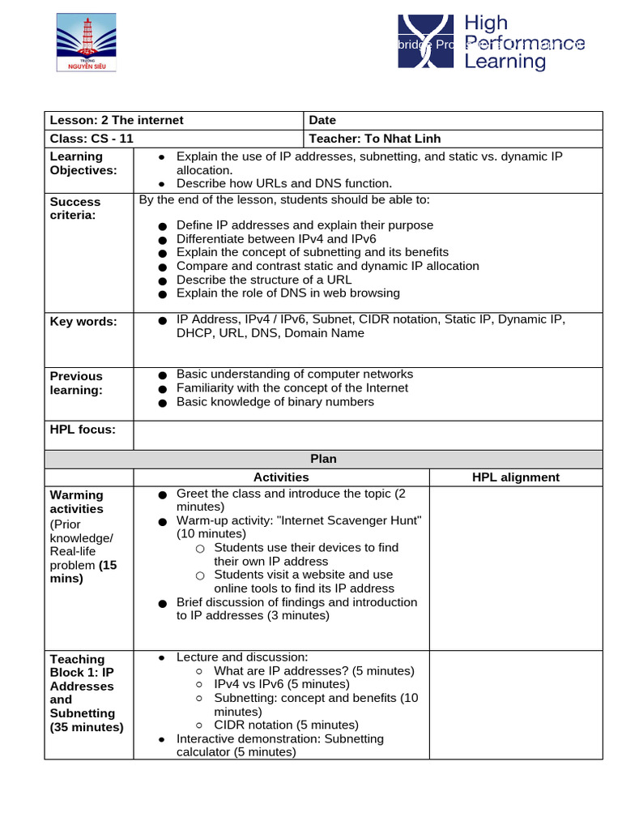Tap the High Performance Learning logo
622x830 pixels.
tap(491, 42)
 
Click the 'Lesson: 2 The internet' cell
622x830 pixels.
tap(117, 120)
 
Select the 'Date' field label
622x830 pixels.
tap(322, 120)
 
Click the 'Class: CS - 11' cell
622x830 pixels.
tap(92, 139)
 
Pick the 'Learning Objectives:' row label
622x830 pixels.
tap(83, 163)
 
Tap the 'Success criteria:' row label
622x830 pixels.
tap(75, 208)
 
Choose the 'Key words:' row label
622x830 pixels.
tap(83, 321)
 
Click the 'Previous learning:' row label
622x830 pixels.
tap(76, 383)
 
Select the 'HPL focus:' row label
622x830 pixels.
tap(83, 429)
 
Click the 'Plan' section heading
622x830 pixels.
tap(323, 459)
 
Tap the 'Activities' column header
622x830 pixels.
tap(281, 477)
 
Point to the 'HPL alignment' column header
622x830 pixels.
tap(515, 477)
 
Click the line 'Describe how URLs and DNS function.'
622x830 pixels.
tap(283, 183)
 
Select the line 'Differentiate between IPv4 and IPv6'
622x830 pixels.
tap(276, 239)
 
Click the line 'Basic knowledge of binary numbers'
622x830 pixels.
tap(275, 401)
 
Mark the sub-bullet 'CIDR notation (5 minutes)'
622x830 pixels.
tap(286, 725)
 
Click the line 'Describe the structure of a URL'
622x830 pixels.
tap(264, 280)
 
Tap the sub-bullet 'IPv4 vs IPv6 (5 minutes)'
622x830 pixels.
tap(281, 684)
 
